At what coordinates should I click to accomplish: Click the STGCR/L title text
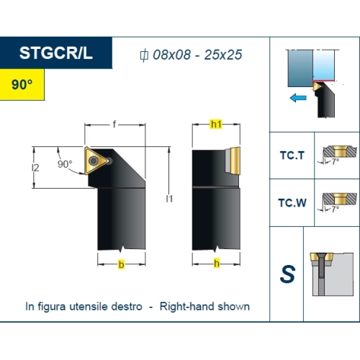tap(56, 53)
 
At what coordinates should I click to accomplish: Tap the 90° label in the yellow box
tap(22, 84)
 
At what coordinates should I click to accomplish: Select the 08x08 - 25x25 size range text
tap(197, 55)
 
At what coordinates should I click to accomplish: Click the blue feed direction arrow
tap(298, 98)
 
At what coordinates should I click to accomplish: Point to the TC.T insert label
tap(292, 156)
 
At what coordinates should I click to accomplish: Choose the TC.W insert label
tap(292, 203)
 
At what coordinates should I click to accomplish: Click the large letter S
tap(287, 274)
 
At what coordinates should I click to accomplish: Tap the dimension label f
tap(114, 125)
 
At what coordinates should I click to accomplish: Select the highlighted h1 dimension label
tap(216, 125)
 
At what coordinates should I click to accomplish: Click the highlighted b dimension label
tap(122, 264)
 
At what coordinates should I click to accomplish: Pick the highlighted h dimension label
tap(217, 264)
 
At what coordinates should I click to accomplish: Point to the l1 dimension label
tap(169, 199)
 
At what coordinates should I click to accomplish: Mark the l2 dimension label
tap(35, 168)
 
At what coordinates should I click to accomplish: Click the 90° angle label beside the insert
tap(65, 164)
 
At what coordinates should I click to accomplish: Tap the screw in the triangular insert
tap(94, 161)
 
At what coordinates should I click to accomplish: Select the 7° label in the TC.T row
tap(336, 162)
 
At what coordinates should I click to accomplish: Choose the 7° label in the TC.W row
tap(336, 210)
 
